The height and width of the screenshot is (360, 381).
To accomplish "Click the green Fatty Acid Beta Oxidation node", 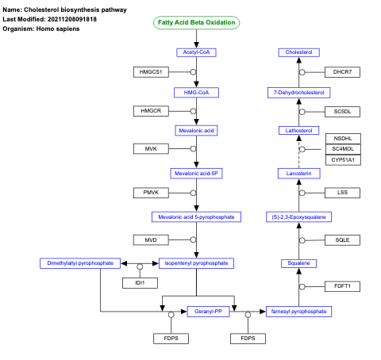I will coord(196,22).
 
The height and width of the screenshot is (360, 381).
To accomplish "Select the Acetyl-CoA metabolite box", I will coord(196,52).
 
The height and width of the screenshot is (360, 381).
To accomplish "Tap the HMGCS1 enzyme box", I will coord(151,72).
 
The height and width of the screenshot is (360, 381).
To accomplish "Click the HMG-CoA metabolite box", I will coord(196,93).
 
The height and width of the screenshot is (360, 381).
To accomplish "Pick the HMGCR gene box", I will coord(151,110).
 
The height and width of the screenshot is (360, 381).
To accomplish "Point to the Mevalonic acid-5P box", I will coord(196,173).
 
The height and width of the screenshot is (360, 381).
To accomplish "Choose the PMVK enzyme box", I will coord(151,193).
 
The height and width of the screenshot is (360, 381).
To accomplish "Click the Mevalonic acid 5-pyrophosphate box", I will coord(196,216).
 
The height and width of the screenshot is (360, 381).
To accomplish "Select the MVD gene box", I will coord(151,239).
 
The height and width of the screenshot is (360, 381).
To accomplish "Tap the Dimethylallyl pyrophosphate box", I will coord(80,262).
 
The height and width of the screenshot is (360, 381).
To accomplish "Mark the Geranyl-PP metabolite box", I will coord(208,312).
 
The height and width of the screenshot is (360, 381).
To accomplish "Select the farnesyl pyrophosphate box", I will coord(298,312).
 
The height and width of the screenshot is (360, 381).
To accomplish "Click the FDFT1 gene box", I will coord(343,285).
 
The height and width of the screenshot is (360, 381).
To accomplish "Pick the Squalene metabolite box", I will coord(299,262).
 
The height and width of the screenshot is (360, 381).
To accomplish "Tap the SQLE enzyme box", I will coord(343,239).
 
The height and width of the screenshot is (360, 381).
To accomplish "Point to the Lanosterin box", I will coord(299,173).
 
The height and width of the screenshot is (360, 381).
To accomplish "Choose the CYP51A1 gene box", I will coord(343,159).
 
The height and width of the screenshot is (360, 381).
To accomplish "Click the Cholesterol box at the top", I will coord(299,52).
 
